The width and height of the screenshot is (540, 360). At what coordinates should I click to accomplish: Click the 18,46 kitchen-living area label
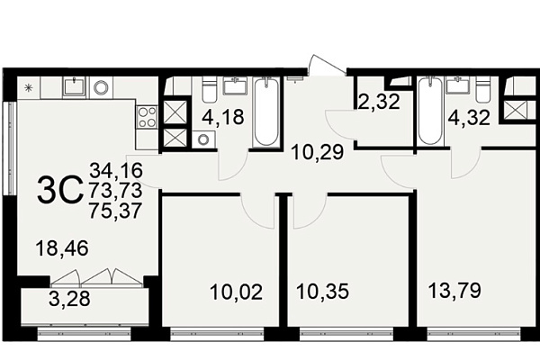[x=62, y=248]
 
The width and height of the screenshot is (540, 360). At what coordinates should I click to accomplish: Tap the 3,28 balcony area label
[x=69, y=299]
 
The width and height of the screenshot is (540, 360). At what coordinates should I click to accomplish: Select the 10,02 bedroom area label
[x=236, y=292]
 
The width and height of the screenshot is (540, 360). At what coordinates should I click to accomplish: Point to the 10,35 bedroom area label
[x=323, y=292]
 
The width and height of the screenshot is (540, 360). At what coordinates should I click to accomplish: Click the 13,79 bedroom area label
[x=454, y=290]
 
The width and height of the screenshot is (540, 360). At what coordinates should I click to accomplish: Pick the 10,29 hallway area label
[x=318, y=152]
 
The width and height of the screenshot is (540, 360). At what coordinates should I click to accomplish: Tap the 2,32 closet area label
[x=379, y=102]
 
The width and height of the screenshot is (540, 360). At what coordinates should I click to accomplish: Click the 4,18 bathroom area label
[x=223, y=117]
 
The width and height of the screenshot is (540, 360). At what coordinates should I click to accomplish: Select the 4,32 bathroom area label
[x=469, y=118]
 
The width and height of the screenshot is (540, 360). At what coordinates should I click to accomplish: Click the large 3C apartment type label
[x=60, y=190]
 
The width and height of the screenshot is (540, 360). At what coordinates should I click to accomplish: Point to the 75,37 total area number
[x=116, y=211]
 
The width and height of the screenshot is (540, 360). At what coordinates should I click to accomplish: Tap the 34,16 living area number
[x=116, y=170]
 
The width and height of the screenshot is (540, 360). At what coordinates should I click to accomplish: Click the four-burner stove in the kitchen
[x=147, y=117]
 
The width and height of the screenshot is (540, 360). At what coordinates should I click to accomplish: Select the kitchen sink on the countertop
[x=74, y=86]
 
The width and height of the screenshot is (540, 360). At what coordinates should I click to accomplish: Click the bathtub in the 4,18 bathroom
[x=266, y=112]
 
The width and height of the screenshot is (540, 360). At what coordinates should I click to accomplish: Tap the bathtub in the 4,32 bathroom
[x=430, y=112]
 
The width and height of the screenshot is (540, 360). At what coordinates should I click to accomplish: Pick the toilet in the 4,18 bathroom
[x=209, y=89]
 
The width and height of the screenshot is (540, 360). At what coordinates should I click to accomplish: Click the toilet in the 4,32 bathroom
[x=483, y=89]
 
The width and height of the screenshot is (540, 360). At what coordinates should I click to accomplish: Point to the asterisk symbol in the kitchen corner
[x=28, y=88]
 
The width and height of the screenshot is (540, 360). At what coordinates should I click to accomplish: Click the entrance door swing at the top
[x=328, y=65]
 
